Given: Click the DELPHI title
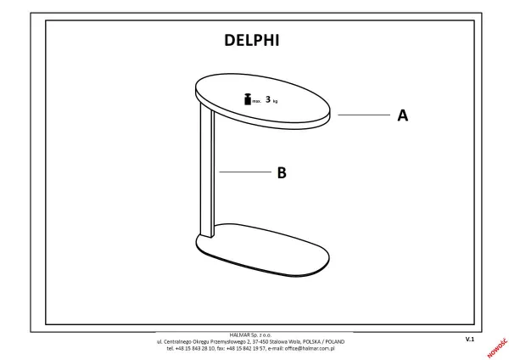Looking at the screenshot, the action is coord(252,40).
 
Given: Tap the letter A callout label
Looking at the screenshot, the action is coord(402,115).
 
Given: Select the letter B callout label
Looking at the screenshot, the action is coord(282,172).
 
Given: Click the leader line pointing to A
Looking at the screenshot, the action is coord(364,115).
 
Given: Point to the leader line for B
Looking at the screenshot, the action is coord(245,172).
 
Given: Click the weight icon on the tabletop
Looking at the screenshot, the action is coord(248,99).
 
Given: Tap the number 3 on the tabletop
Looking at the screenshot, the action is coord(268,99).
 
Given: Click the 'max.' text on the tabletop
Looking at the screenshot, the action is coord(256,101).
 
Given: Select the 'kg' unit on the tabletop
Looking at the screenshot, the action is coord(275,102).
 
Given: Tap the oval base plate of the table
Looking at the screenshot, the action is coord(262,250).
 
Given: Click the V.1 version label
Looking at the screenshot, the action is coord(470,340).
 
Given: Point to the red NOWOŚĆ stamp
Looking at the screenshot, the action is coord(497,348).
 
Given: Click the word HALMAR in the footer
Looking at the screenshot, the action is coord(239,335).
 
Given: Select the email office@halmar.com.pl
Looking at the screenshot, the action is coord(310,348).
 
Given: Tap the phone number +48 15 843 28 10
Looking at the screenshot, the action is coord(195,348).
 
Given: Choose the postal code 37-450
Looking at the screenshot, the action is coord(260,342).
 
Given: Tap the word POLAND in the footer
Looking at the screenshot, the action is coord(335,342).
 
